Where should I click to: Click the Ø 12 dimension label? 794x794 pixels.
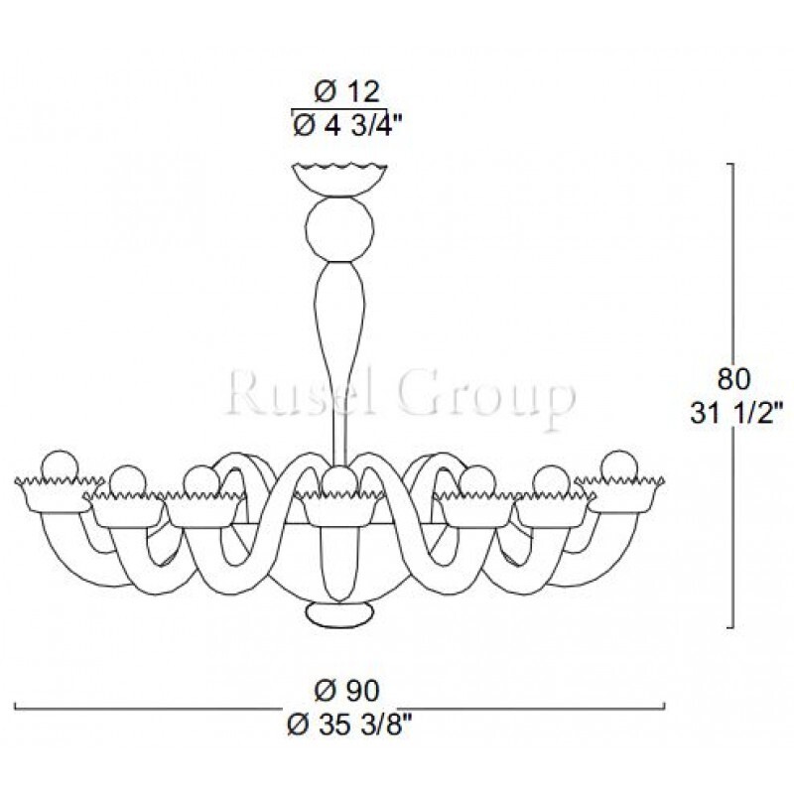click(x=346, y=91)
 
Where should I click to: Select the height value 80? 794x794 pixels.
click(x=733, y=379)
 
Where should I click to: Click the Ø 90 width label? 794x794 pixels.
click(x=346, y=691)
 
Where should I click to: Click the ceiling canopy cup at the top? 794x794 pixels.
click(x=339, y=180)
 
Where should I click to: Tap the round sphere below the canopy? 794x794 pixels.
click(x=339, y=229)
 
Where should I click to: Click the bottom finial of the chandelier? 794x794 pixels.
click(x=339, y=614)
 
